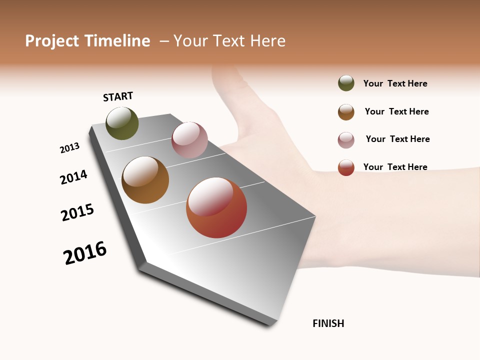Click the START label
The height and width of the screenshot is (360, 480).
(x=118, y=96)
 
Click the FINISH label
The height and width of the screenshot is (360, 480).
(x=328, y=323)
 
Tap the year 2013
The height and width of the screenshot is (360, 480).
(x=69, y=148)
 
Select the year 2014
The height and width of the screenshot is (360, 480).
(x=73, y=177)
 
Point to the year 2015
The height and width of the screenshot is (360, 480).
(x=77, y=212)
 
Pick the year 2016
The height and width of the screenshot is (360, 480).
(x=85, y=253)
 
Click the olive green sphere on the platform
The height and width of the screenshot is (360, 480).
(x=122, y=123)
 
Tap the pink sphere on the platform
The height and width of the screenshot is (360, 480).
(x=189, y=140)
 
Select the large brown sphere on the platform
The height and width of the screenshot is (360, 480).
(x=145, y=180)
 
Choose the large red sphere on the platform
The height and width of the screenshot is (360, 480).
(x=216, y=207)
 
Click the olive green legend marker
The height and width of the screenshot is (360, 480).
(x=346, y=83)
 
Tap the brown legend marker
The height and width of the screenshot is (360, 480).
(x=346, y=112)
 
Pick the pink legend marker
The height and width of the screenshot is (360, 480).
(x=346, y=140)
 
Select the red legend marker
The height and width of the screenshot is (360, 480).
(x=346, y=168)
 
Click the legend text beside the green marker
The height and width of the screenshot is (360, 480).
(x=395, y=84)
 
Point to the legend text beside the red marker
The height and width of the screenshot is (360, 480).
(x=395, y=167)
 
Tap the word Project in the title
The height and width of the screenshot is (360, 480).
(x=52, y=41)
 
